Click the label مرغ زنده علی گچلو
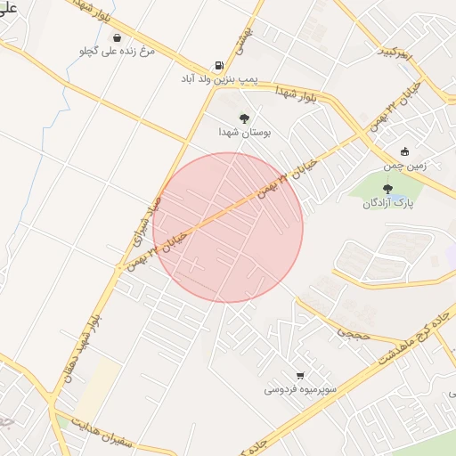[x=118, y=52]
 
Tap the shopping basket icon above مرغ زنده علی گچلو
[x=118, y=37]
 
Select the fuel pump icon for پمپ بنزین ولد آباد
[x=219, y=65]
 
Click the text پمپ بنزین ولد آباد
[x=219, y=79]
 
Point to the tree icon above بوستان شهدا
[x=244, y=118]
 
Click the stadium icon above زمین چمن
[x=405, y=151]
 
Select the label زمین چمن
[x=405, y=166]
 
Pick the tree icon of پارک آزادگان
[x=387, y=188]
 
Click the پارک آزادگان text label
[x=383, y=203]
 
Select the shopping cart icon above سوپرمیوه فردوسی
[x=299, y=375]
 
